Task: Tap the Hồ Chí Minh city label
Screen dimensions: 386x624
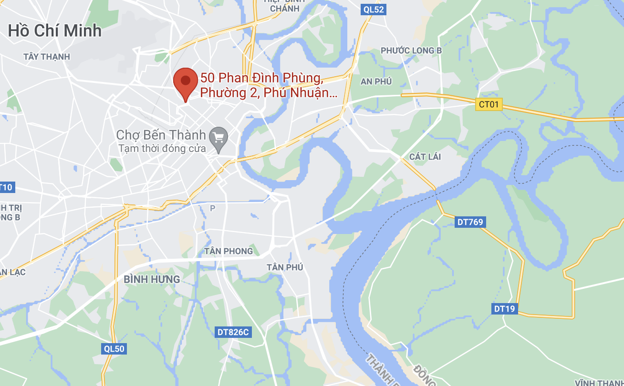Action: click(55, 31)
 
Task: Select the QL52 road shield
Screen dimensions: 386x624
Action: click(373, 9)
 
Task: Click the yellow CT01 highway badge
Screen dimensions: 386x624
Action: click(489, 104)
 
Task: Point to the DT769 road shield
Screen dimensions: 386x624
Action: click(470, 222)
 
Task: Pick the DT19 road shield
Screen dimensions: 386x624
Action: click(504, 309)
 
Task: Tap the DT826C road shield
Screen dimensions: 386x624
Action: click(233, 332)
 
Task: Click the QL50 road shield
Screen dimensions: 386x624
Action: click(114, 349)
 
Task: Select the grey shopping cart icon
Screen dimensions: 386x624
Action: click(219, 137)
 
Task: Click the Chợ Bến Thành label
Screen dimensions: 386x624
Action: click(161, 135)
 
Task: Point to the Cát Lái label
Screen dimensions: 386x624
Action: click(425, 157)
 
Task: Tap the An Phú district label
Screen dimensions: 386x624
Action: click(376, 81)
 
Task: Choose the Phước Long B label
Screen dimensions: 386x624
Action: click(411, 51)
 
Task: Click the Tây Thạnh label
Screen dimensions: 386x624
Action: click(47, 57)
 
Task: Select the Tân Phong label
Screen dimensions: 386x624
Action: click(229, 251)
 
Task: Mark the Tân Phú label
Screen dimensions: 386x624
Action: click(285, 267)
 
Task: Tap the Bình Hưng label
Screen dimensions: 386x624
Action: click(152, 279)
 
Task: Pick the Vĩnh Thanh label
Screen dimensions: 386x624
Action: click(599, 382)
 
